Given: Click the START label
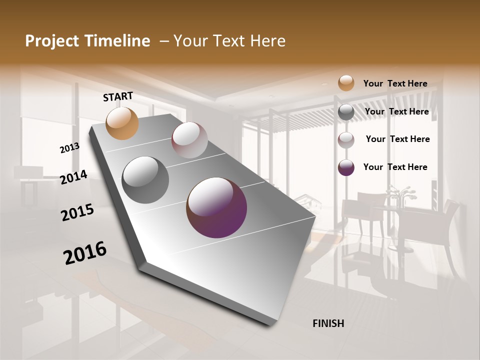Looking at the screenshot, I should [118, 96].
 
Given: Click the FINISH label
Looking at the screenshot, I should [328, 323].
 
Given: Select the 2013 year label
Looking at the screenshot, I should [69, 148].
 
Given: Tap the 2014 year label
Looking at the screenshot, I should [73, 177].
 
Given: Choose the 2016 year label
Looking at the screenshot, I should [85, 253].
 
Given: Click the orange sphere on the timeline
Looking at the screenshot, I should [122, 123].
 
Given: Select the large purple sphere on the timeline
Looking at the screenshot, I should [216, 207].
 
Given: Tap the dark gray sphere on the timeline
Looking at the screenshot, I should [145, 180].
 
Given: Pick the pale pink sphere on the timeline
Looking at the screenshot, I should [189, 140].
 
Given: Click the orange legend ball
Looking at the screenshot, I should [346, 83].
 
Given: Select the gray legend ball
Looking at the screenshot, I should [346, 112].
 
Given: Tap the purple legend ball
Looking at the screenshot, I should [346, 167].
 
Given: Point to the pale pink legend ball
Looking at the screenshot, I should [346, 139].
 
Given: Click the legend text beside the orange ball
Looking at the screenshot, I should [395, 83].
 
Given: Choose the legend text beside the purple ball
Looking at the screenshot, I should [395, 167].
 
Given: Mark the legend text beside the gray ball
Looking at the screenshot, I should [396, 111].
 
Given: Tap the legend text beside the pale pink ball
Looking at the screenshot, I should [397, 139].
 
